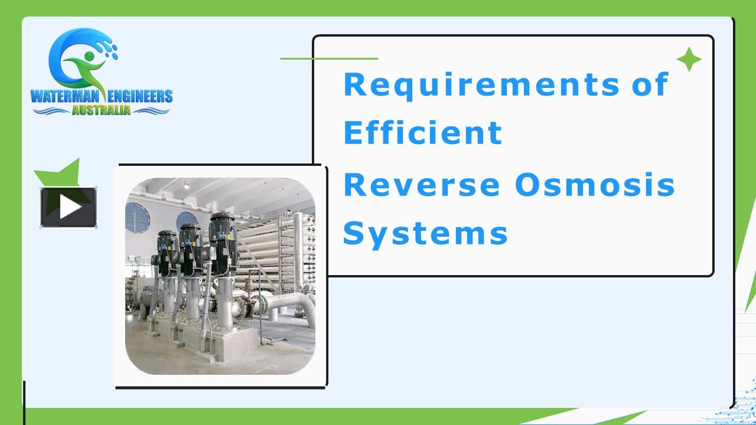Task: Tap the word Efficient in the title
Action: [422, 133]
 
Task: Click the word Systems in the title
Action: [425, 233]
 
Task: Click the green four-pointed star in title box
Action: [689, 60]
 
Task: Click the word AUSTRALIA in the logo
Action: [101, 110]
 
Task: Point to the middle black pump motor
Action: [190, 239]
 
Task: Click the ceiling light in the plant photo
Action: [186, 185]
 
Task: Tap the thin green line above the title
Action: [329, 58]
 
